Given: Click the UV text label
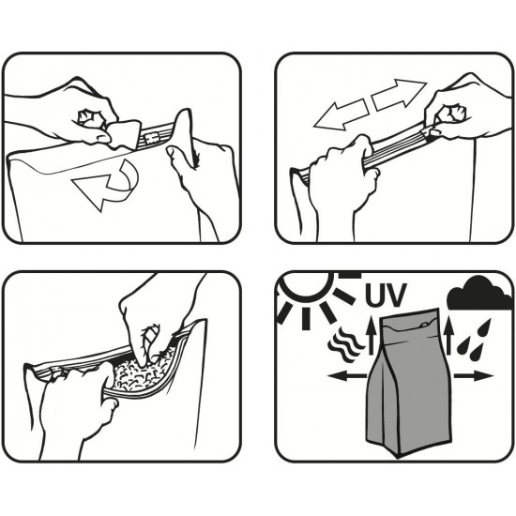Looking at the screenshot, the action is tap(386, 295).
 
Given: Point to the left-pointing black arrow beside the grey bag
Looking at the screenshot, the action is tap(347, 375).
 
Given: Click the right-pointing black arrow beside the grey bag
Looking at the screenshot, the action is tap(474, 375).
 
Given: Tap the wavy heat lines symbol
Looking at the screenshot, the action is tap(345, 344).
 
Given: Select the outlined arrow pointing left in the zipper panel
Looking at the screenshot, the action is tap(341, 114).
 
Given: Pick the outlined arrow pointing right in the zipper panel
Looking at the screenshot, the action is tap(399, 94).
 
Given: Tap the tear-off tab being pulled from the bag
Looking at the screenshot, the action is tap(125, 134).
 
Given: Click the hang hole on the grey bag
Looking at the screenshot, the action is tap(424, 325).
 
